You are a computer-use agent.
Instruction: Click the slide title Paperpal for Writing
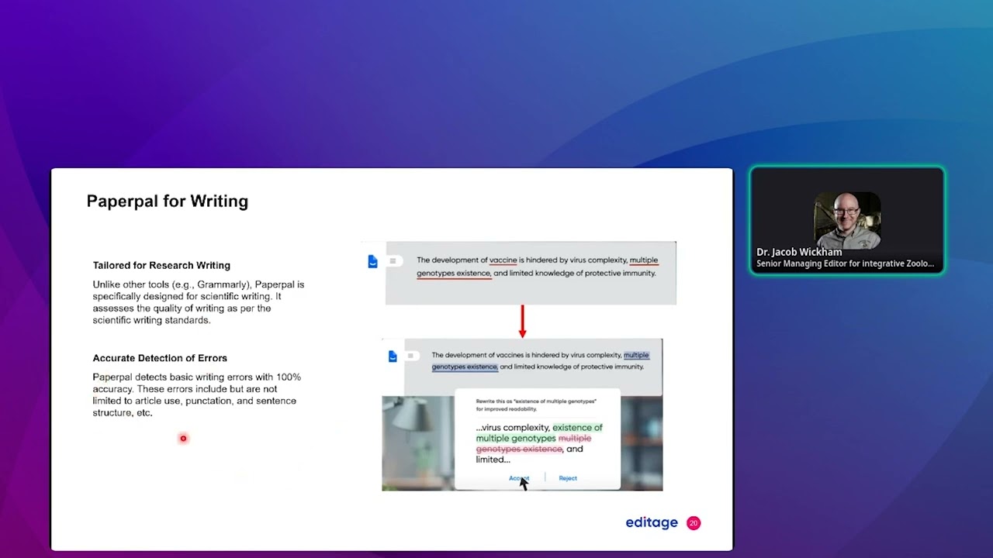pos(167,201)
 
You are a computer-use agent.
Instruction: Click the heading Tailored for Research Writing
pos(161,265)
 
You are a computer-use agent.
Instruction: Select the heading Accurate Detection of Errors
pos(160,358)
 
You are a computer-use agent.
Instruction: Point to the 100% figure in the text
pos(288,377)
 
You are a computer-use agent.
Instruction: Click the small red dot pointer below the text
pos(183,439)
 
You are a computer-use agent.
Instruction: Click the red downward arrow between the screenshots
pos(522,322)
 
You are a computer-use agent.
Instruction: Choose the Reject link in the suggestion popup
pos(568,478)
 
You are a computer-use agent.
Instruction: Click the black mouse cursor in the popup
pos(523,484)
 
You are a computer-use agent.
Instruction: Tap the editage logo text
pos(652,522)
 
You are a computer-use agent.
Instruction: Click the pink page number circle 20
pos(694,523)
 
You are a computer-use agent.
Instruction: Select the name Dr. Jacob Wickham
pos(799,252)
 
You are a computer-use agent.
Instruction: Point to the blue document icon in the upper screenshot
pos(373,262)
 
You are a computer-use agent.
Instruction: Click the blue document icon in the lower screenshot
pos(393,356)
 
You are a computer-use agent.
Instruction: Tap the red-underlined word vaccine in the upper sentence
pos(503,260)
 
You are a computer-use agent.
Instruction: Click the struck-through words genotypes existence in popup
pos(518,449)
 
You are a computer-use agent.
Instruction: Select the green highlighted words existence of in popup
pos(576,428)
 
